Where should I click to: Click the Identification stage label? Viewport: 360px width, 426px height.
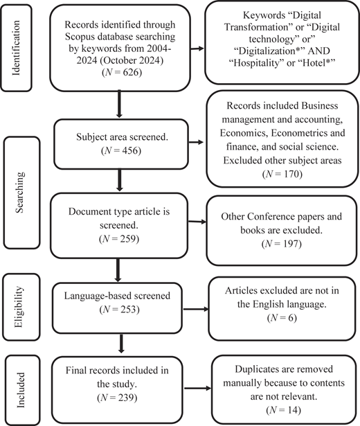coord(17,48)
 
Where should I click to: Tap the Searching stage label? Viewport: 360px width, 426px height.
coord(19,192)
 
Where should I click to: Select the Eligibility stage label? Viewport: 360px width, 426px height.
coord(19,307)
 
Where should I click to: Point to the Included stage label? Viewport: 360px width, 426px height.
coord(21,390)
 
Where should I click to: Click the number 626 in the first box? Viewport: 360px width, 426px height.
coord(132,72)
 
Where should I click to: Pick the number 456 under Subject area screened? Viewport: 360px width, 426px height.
coord(132,150)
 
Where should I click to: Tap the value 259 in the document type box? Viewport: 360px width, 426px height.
coord(129,238)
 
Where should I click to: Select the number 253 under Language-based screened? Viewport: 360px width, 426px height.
coord(129,309)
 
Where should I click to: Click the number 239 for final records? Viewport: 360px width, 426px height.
coord(127,398)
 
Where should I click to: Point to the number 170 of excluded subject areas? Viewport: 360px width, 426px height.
coord(293,174)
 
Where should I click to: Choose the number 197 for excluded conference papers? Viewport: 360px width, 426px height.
coord(292,244)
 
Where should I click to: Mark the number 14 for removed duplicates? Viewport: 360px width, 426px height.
coord(294,410)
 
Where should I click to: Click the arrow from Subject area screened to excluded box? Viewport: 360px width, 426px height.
coord(196,142)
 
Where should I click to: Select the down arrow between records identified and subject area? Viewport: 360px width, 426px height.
coord(119,104)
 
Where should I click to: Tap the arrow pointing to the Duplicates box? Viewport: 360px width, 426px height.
coord(198,388)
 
